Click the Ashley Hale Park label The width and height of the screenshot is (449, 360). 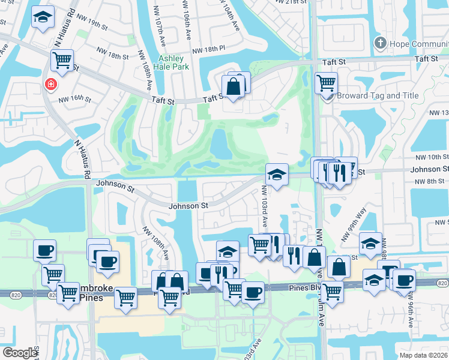173,62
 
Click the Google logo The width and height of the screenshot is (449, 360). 20,352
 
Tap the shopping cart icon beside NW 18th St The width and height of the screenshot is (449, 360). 62,59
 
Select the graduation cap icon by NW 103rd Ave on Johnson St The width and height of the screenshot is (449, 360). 277,174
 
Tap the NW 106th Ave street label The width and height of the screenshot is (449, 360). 189,21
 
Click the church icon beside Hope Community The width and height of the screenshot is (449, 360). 380,43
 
